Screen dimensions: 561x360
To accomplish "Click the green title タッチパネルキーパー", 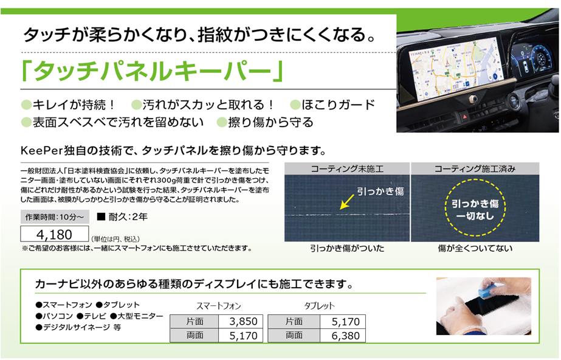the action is (153, 71).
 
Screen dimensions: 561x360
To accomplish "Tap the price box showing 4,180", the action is (54, 234).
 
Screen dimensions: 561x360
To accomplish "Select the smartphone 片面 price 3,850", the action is (241, 321).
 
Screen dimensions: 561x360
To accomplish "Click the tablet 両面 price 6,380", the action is (343, 335).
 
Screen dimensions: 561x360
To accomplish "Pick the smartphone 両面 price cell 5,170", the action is (241, 335).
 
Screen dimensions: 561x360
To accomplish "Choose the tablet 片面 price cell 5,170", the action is (343, 321).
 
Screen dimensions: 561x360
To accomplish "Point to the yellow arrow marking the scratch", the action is (346, 202).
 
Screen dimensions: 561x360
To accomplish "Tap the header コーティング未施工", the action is (347, 168).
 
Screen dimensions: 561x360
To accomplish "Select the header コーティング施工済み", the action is (475, 168).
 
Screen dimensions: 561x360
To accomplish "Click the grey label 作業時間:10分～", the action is (55, 217).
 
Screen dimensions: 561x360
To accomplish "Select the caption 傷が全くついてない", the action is (475, 248).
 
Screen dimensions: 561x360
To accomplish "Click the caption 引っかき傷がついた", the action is (347, 248).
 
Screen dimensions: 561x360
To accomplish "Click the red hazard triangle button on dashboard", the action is (465, 117).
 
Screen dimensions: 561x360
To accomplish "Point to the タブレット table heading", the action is (319, 306).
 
